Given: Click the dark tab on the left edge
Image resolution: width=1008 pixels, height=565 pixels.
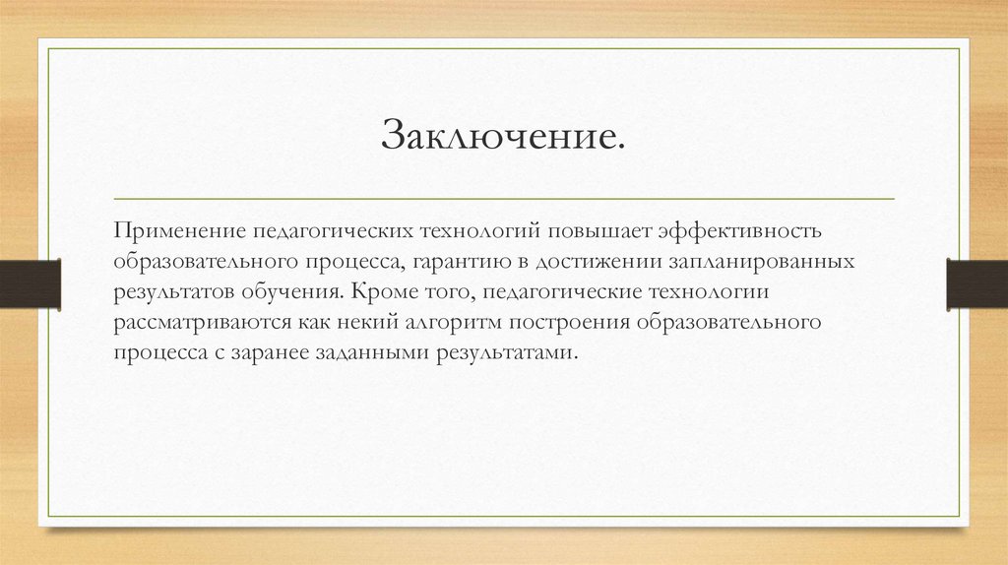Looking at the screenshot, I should pos(30,282).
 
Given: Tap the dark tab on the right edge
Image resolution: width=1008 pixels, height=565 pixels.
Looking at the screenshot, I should pos(976,282).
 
